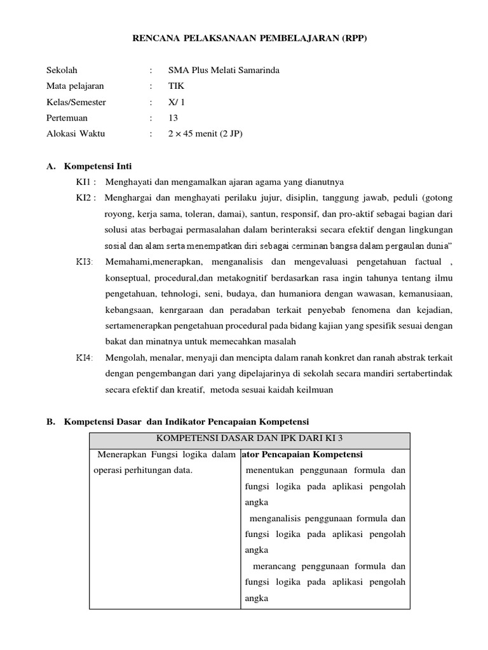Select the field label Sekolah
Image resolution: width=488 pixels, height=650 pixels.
[x=62, y=70]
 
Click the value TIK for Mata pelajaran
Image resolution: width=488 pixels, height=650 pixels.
[x=175, y=86]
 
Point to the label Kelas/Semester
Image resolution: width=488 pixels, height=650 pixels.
[x=76, y=102]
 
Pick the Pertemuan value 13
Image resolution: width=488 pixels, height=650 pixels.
[x=173, y=118]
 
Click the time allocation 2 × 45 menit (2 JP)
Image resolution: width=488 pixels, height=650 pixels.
[x=205, y=134]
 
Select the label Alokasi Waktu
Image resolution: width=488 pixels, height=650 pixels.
[x=76, y=134]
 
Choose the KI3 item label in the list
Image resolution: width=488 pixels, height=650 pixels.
[x=85, y=262]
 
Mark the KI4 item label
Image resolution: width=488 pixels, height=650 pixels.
[x=85, y=358]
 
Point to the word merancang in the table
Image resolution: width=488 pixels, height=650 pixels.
[x=276, y=566]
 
